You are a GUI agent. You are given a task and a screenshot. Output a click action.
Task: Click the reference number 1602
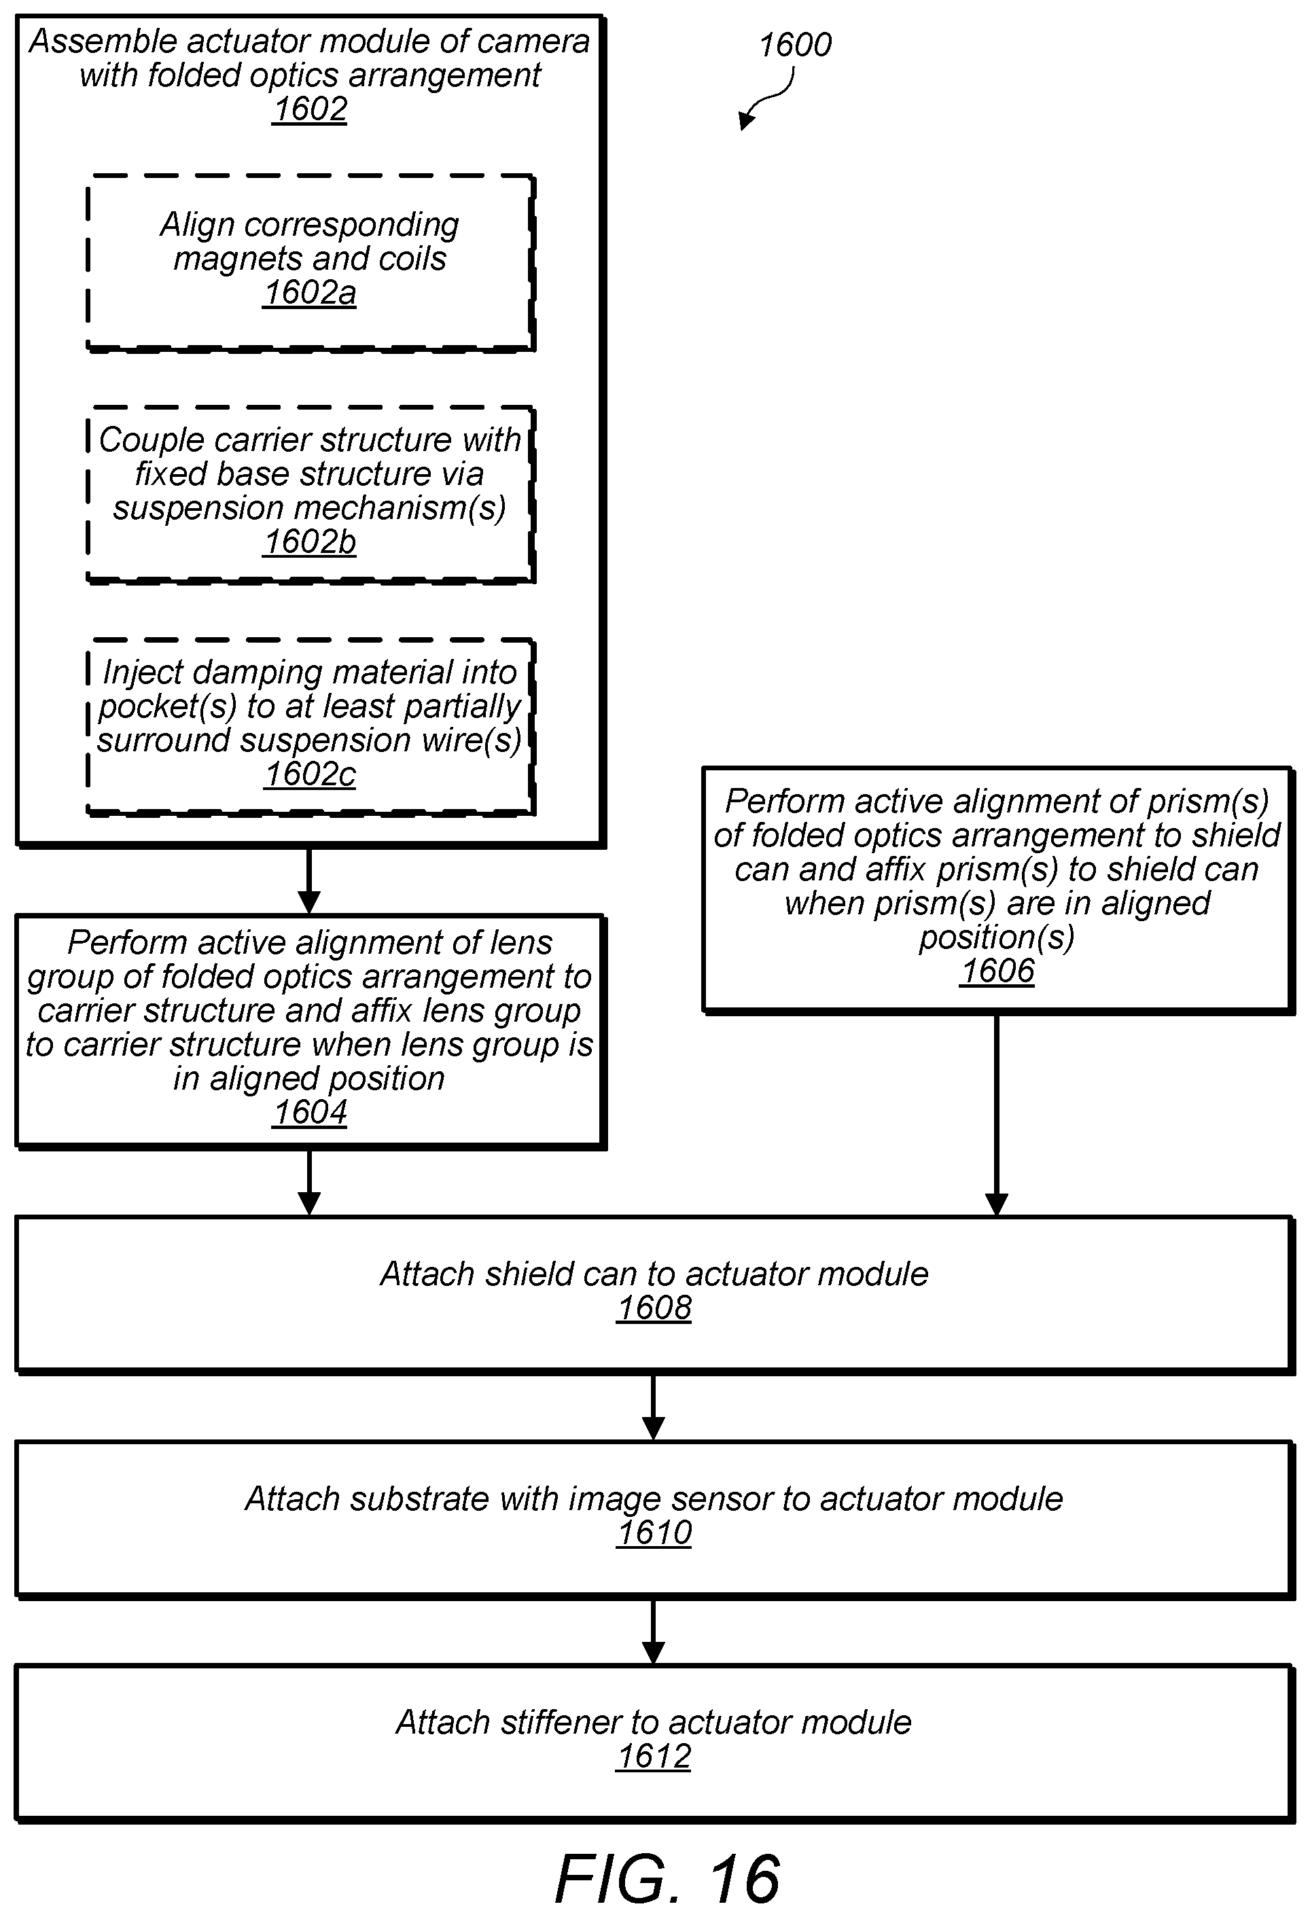pos(311,109)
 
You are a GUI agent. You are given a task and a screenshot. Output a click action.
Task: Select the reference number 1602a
pos(311,293)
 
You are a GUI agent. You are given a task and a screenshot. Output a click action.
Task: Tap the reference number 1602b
pos(311,542)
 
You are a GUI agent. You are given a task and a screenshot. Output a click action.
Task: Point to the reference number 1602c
pos(311,774)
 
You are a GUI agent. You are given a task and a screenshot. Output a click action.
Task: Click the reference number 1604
pos(311,1113)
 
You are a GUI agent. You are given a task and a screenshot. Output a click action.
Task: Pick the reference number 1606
pos(997,971)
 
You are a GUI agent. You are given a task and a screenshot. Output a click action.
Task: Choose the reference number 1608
pos(654,1308)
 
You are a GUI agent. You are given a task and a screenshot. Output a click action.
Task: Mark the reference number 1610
pos(654,1533)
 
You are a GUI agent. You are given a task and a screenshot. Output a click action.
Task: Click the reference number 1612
pos(654,1757)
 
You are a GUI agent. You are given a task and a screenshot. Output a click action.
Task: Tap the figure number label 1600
pos(795,45)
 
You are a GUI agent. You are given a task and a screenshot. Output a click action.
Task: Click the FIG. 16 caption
pos(667,1879)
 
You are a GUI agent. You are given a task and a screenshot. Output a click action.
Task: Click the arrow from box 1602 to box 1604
pos(308,881)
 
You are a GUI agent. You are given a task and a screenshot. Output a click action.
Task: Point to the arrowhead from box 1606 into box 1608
pos(997,1205)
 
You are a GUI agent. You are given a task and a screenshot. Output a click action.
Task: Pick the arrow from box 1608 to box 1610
pos(654,1408)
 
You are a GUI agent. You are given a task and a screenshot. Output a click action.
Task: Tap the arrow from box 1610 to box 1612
pos(654,1632)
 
